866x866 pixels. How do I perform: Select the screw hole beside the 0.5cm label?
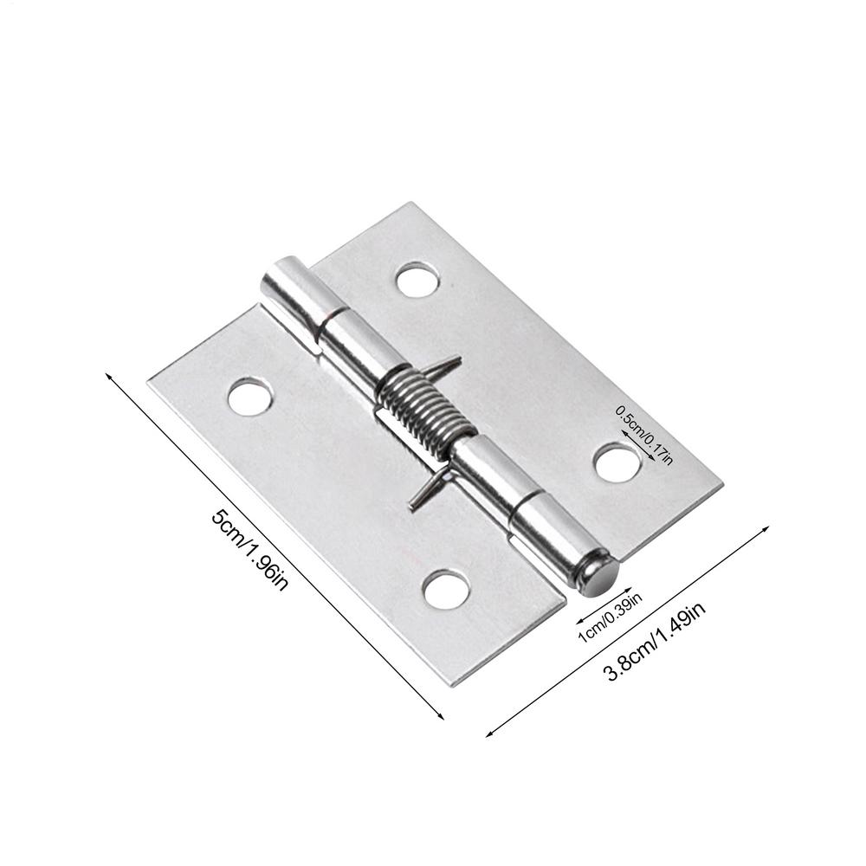(618, 462)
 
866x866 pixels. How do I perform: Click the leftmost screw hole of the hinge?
(249, 396)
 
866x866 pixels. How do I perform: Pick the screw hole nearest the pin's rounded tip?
(446, 589)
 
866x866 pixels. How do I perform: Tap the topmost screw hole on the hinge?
(417, 280)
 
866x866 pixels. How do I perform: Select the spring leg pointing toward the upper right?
(451, 363)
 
